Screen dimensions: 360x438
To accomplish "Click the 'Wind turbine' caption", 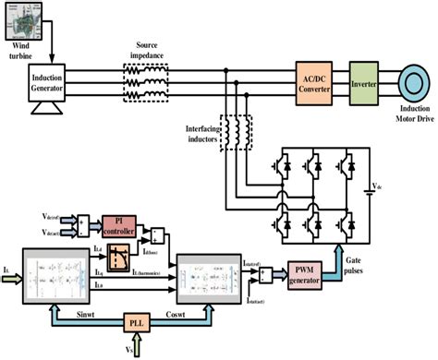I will tap(26, 47).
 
